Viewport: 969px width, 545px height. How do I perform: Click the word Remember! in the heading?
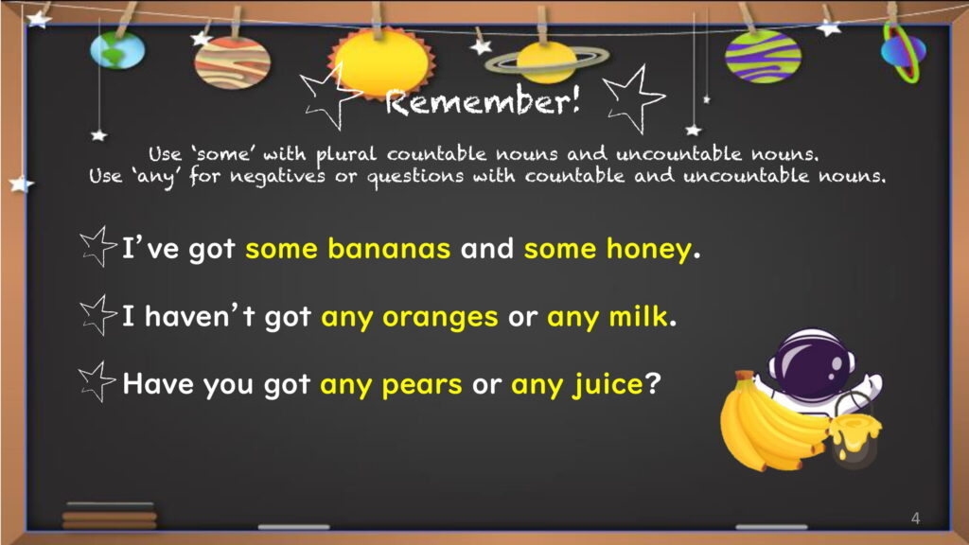[483, 100]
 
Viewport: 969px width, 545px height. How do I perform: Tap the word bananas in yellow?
[389, 249]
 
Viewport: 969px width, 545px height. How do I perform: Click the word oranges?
[440, 318]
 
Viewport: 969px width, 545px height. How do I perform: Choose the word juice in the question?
[608, 385]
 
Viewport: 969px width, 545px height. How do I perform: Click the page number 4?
[915, 519]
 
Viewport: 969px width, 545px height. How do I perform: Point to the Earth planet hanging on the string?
[117, 50]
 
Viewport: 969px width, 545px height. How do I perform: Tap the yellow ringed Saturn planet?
[546, 62]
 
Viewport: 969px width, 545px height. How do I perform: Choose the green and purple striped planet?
[764, 56]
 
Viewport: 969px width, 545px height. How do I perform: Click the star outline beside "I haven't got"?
[97, 314]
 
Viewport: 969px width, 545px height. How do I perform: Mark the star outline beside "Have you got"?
[97, 381]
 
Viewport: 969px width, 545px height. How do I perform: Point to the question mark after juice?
[653, 383]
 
